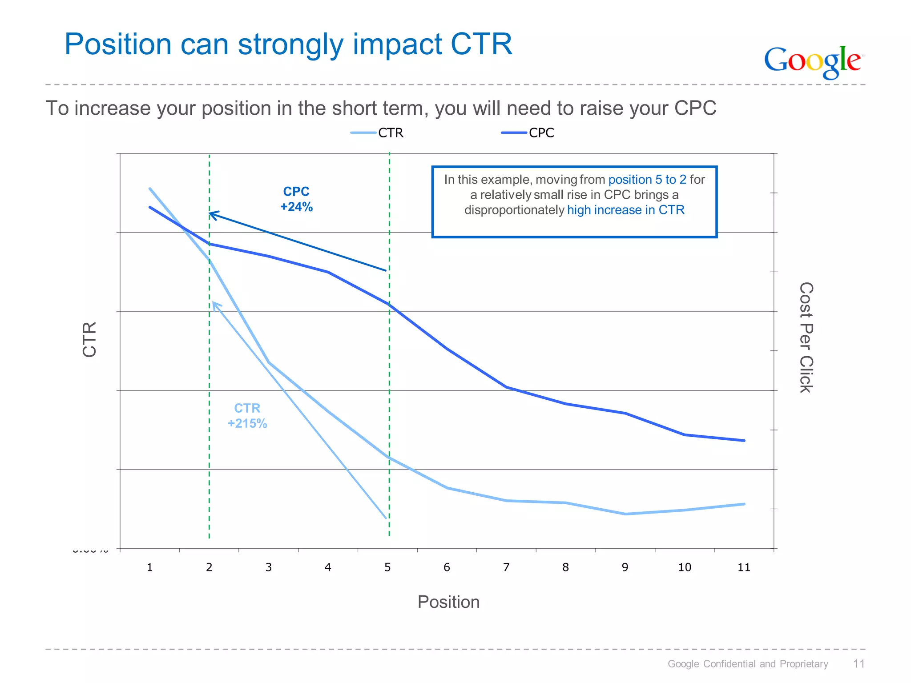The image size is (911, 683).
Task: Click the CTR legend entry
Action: (390, 133)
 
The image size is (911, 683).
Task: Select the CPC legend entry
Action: (541, 133)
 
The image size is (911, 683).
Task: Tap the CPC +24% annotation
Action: (296, 199)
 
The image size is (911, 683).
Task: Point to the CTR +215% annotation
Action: (247, 416)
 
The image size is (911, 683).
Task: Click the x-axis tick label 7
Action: (506, 567)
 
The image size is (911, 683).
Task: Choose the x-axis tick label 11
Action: (744, 567)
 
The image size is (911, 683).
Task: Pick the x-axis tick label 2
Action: (209, 567)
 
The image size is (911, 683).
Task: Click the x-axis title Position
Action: (448, 602)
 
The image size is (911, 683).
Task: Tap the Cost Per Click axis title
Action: (806, 337)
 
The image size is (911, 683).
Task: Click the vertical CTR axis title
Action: (89, 339)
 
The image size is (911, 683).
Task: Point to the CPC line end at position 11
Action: (744, 441)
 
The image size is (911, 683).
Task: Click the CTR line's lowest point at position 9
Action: (625, 514)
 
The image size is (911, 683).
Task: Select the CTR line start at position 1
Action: (150, 189)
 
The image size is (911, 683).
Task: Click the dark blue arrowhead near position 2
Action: (211, 215)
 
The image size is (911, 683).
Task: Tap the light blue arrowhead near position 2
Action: (214, 304)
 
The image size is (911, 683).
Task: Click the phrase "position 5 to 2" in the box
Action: (647, 180)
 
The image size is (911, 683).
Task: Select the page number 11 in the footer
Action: (859, 664)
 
